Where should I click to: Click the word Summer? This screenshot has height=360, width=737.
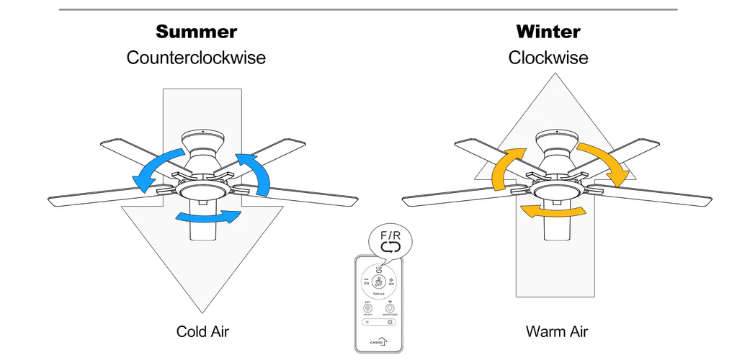click(x=196, y=32)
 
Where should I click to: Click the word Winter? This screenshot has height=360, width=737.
click(x=548, y=32)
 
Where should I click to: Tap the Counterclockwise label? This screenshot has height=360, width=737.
click(x=196, y=58)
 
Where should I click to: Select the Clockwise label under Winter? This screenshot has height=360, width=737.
click(x=548, y=58)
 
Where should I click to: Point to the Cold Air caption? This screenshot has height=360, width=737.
click(x=202, y=332)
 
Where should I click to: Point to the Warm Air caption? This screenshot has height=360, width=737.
click(x=556, y=332)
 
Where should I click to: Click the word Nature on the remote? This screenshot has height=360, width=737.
click(x=379, y=294)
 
